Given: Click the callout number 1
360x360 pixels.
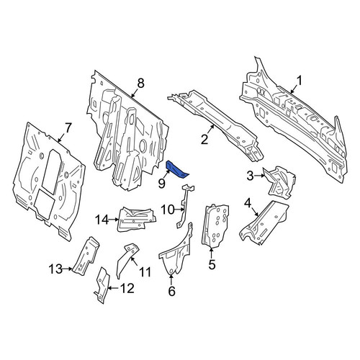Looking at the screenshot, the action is (300, 81).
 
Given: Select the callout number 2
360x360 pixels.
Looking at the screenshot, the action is (204, 140).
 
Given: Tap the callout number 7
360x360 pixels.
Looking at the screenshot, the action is (68, 128).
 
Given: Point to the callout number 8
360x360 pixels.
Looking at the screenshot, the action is (140, 84).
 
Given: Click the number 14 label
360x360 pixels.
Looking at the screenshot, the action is (102, 220).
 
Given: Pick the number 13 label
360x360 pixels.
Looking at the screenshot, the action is (55, 269).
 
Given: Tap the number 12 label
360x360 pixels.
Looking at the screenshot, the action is (127, 288).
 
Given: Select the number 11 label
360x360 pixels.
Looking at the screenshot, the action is (145, 272).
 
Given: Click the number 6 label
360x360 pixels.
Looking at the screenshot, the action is (171, 292).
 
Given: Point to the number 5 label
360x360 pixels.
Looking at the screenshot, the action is (212, 264).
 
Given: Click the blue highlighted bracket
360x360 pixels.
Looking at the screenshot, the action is (177, 171).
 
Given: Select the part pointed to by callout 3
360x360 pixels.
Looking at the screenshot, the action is (279, 182).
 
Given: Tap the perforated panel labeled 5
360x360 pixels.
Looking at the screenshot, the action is (215, 225).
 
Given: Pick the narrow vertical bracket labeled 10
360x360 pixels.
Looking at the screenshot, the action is (185, 206).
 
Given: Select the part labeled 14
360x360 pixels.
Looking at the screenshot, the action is (136, 219).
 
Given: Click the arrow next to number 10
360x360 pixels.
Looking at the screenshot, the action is (179, 210).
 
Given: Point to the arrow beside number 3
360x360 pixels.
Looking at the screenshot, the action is (258, 176).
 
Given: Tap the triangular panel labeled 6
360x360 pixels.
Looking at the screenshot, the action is (176, 254).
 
